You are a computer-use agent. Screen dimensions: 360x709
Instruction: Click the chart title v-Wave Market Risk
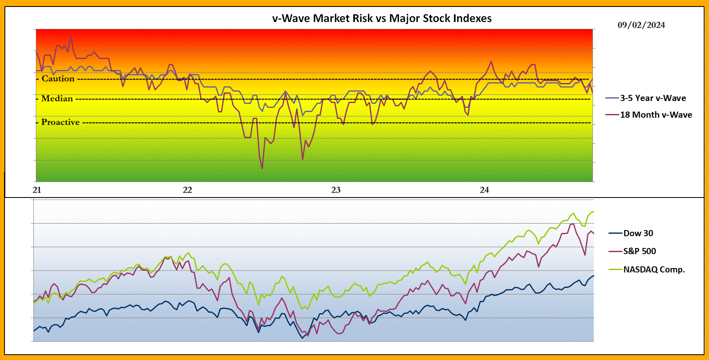(x=382, y=18)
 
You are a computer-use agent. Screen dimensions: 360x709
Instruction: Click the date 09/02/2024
(x=641, y=25)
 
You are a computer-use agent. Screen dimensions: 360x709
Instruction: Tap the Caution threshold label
(x=58, y=79)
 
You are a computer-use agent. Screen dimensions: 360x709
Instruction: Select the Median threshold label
(x=57, y=99)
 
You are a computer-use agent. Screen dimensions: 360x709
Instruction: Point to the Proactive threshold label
(x=60, y=122)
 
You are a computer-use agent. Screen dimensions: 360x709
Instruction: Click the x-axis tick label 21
(x=37, y=190)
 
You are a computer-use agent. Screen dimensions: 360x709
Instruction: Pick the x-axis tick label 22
(x=187, y=190)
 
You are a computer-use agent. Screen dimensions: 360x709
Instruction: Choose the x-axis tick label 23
(x=336, y=190)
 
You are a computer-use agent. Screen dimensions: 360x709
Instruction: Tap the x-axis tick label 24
(x=484, y=190)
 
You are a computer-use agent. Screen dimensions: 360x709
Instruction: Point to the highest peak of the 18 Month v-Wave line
(x=70, y=36)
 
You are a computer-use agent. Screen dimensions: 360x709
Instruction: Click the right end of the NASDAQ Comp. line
(x=593, y=211)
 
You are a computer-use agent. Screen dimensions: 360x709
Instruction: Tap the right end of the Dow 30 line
(x=593, y=276)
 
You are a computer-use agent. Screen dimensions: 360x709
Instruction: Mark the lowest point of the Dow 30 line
(x=302, y=338)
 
